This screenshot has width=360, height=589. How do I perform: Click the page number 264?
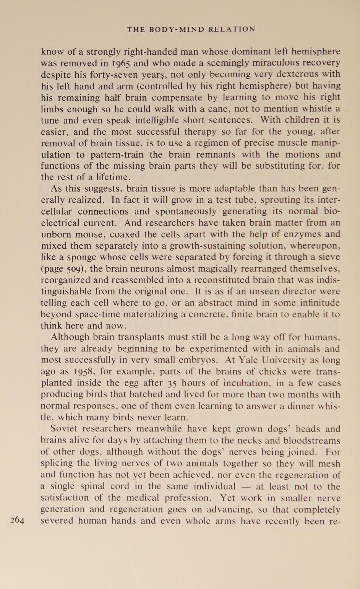[x=18, y=520]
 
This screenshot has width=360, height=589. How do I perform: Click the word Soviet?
[x=65, y=429]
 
